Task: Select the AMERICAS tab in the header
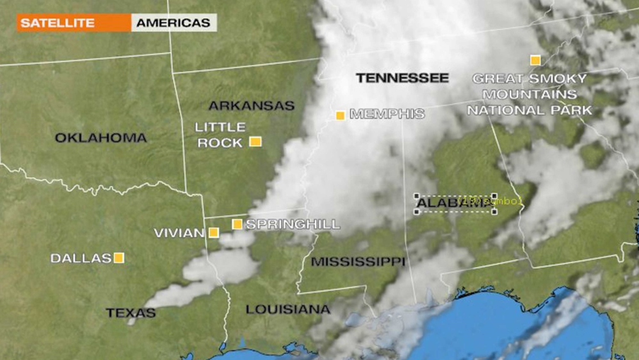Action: pyautogui.click(x=173, y=23)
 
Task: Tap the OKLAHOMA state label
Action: pyautogui.click(x=101, y=138)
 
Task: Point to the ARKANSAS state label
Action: pyautogui.click(x=251, y=106)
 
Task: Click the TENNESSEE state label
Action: pyautogui.click(x=402, y=78)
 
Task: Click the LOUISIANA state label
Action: pyautogui.click(x=288, y=309)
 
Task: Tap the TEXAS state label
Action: pyautogui.click(x=131, y=313)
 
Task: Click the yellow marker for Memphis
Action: pyautogui.click(x=341, y=116)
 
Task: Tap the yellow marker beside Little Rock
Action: pyautogui.click(x=255, y=142)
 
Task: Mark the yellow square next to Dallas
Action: pyautogui.click(x=118, y=258)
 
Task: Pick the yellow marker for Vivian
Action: pyautogui.click(x=213, y=233)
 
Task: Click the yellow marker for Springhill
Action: pyautogui.click(x=237, y=224)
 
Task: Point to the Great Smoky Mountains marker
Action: pyautogui.click(x=535, y=60)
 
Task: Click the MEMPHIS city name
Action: pyautogui.click(x=387, y=114)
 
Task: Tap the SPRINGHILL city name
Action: pyautogui.click(x=293, y=224)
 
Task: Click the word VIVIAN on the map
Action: pyautogui.click(x=179, y=233)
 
